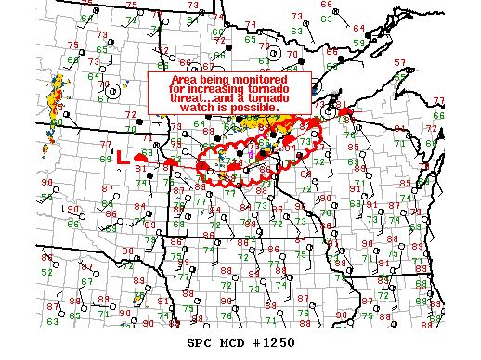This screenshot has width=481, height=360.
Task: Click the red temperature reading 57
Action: (400, 62)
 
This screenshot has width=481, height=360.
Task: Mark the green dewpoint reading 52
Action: (46, 272)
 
